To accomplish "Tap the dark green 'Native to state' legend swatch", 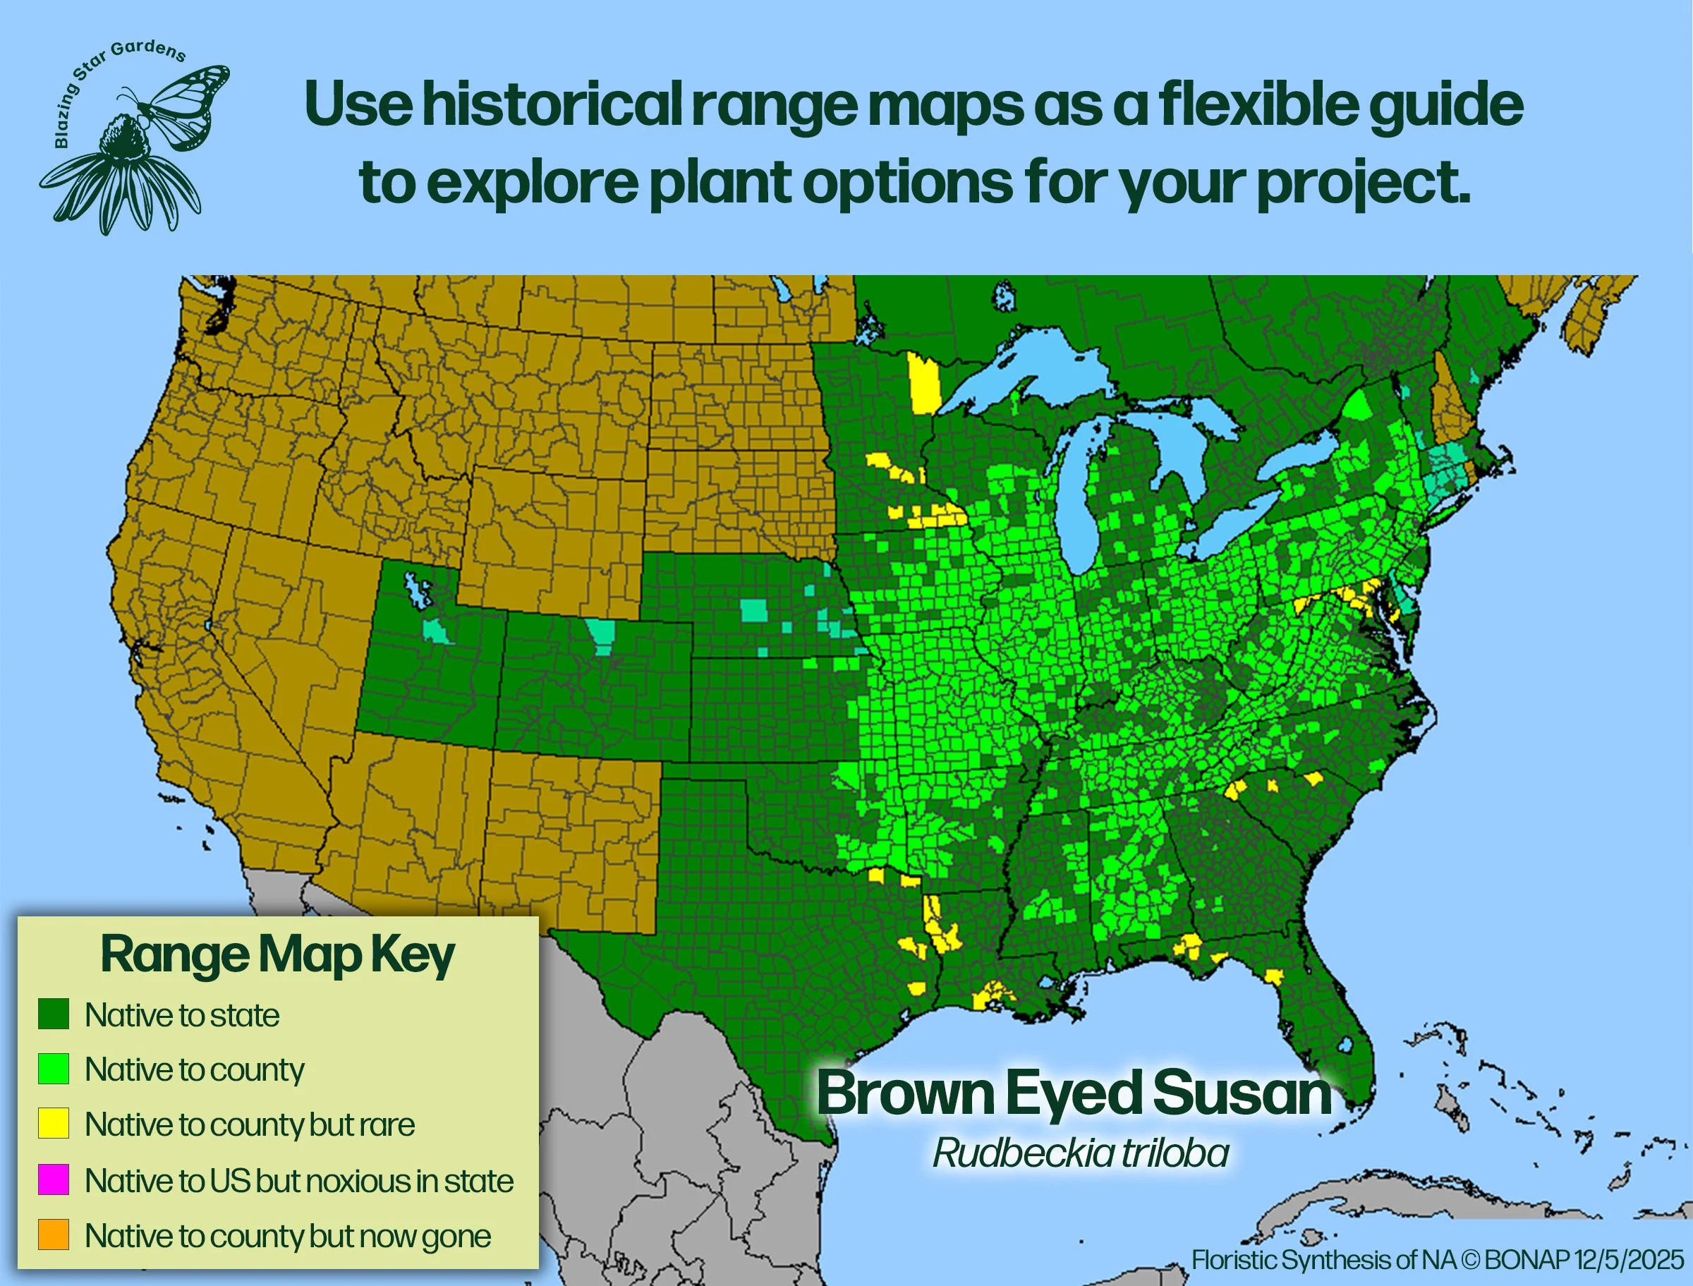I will click(54, 1014).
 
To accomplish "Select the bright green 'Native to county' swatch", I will click(54, 1069).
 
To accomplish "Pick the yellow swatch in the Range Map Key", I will click(54, 1124).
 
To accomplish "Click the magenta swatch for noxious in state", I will click(54, 1179).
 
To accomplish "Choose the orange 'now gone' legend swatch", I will click(54, 1235).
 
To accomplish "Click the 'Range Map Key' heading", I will click(278, 955).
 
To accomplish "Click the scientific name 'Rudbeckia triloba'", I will click(1081, 1153).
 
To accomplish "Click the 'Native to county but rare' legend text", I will click(250, 1124).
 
